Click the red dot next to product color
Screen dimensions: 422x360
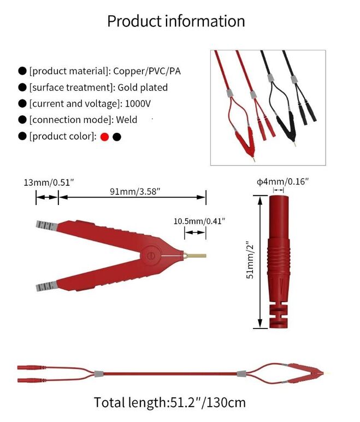tap(105, 137)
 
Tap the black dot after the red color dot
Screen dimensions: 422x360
tap(117, 137)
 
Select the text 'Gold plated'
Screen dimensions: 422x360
tap(143, 87)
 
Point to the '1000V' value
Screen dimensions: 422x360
tap(138, 103)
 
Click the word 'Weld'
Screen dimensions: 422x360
tap(127, 120)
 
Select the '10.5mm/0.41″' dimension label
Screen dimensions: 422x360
tap(199, 221)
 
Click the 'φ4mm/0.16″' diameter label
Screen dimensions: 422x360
tap(283, 181)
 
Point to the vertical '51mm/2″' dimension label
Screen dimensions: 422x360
tap(250, 261)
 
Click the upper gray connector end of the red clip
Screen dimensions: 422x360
tap(45, 225)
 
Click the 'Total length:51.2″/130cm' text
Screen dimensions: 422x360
tap(170, 403)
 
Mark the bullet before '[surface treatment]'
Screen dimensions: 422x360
tap(22, 87)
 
